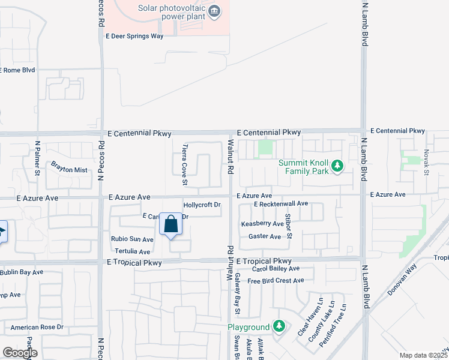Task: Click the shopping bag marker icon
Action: tap(171, 225)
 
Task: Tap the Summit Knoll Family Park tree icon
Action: tap(337, 165)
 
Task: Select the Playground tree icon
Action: tap(279, 326)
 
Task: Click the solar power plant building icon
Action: tap(214, 11)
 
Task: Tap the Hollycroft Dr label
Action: tap(202, 205)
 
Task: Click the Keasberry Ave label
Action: tap(262, 224)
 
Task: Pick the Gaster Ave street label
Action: tap(265, 236)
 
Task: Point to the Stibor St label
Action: tap(289, 226)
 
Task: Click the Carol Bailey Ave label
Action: tap(276, 269)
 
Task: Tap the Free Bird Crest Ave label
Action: tap(276, 281)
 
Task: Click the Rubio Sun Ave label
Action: tap(132, 239)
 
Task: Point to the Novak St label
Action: tap(426, 163)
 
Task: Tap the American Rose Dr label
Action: tap(37, 328)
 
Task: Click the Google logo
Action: tap(20, 353)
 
